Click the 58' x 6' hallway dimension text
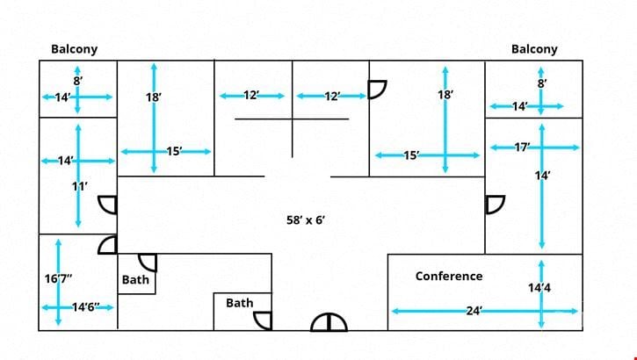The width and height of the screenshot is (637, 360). (x=306, y=220)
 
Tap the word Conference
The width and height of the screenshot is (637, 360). (x=449, y=276)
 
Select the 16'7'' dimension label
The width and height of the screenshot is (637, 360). (x=59, y=278)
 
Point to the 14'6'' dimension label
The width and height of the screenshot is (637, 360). (x=86, y=307)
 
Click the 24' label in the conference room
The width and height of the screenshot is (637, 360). (x=474, y=311)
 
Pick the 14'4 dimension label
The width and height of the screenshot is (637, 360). (x=539, y=288)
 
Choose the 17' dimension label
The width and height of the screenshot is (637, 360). (x=523, y=147)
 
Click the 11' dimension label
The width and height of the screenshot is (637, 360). (x=80, y=186)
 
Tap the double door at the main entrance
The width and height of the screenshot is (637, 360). (x=329, y=322)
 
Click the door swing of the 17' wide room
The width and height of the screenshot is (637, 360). (x=496, y=205)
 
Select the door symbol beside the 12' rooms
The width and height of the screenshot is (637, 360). (x=378, y=90)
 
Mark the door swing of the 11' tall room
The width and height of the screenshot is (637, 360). (x=107, y=205)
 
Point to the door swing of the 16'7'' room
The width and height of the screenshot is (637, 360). (x=107, y=245)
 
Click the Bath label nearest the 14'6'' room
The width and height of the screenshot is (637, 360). (x=135, y=279)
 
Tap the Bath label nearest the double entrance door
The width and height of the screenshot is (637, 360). (x=240, y=303)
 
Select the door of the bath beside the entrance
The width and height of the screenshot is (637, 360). (x=263, y=320)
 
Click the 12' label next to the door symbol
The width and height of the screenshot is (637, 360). (x=332, y=97)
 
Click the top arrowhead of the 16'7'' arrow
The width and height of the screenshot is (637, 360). (x=59, y=242)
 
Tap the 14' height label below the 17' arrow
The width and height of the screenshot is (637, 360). (x=542, y=176)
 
